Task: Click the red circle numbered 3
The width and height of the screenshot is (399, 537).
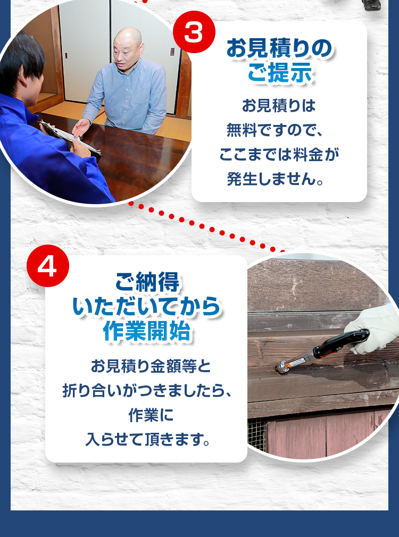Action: coord(194,32)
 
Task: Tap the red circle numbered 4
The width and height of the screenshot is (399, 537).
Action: coord(47,266)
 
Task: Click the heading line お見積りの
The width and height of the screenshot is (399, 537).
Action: coord(279,49)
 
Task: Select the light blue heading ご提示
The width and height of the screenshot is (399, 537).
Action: coord(279,73)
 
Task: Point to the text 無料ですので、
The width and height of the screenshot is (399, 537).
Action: coord(279,130)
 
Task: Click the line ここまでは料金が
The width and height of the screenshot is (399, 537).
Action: coord(279,155)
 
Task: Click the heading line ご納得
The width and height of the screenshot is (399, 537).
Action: coord(146,282)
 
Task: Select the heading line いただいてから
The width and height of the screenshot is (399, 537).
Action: coord(146,307)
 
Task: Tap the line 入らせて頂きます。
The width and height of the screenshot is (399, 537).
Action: coord(146,440)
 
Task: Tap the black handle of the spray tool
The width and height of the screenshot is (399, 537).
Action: coord(340,343)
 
